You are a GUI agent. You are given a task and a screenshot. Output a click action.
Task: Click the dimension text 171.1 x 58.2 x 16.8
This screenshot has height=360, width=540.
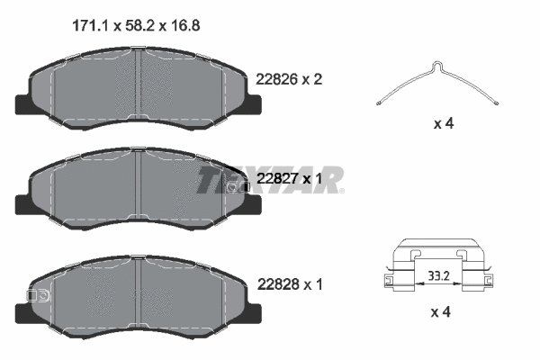coord(135,26)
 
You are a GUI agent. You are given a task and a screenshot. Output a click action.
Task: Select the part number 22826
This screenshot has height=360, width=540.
coord(277,79)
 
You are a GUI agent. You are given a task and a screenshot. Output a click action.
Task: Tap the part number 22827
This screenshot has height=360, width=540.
coord(277,179)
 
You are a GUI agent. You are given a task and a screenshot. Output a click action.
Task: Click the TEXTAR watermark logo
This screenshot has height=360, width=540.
coord(270,179)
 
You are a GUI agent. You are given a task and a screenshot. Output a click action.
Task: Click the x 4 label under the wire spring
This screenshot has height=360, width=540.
coord(442,123)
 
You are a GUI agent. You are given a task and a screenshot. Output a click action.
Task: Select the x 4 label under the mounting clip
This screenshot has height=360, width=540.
coord(442,311)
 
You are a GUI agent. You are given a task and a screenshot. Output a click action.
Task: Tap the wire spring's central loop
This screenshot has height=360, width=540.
coord(436,66)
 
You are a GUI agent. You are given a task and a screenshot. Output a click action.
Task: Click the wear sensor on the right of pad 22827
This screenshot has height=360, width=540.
coord(237,186)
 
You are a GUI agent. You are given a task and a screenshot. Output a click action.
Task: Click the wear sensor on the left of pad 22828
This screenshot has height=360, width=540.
coord(38,294)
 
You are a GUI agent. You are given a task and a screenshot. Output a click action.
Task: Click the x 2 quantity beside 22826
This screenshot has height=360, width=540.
coord(311,79)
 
